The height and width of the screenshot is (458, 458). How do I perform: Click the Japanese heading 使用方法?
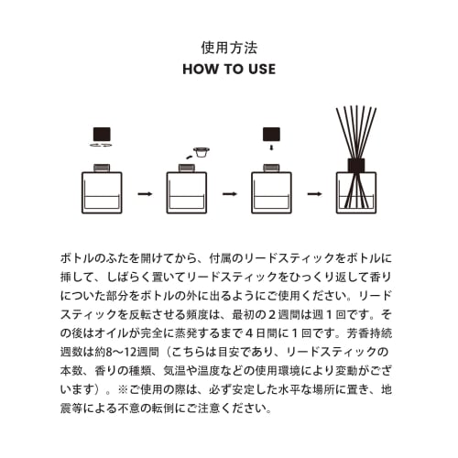coord(229,46)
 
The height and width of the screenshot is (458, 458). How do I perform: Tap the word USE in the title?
coord(261,69)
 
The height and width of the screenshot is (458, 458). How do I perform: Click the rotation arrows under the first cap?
coord(102,146)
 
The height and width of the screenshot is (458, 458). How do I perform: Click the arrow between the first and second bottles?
coord(144,194)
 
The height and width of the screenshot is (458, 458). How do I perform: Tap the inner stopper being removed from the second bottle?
coord(199,152)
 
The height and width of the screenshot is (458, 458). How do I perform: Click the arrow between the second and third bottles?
coord(229,194)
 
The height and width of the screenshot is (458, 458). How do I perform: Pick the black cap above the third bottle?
coord(271,133)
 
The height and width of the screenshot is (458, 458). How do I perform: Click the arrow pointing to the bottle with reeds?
coord(314,194)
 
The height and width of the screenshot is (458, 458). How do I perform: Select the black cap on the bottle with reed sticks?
coord(356,165)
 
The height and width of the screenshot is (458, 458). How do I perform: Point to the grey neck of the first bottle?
coord(102,167)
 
